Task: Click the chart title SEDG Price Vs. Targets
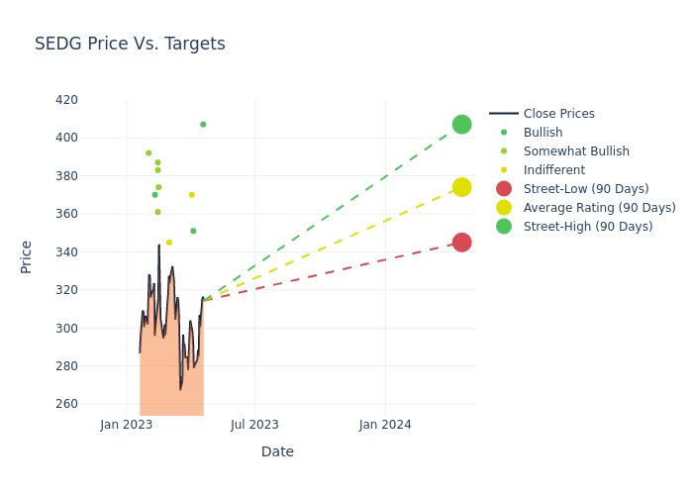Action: click(130, 44)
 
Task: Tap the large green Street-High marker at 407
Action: click(461, 125)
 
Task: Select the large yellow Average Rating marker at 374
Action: click(461, 187)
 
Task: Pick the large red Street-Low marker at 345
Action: click(461, 243)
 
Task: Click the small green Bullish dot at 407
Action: click(203, 125)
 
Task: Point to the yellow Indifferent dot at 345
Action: click(168, 243)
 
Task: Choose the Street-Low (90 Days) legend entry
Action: click(585, 189)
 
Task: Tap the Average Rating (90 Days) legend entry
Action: click(599, 208)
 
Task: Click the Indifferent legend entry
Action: click(553, 170)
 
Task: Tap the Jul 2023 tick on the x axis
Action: click(254, 425)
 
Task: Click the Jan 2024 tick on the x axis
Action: click(385, 425)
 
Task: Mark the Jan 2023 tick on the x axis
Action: click(127, 425)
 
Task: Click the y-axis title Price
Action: click(27, 256)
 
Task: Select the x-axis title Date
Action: click(277, 451)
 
